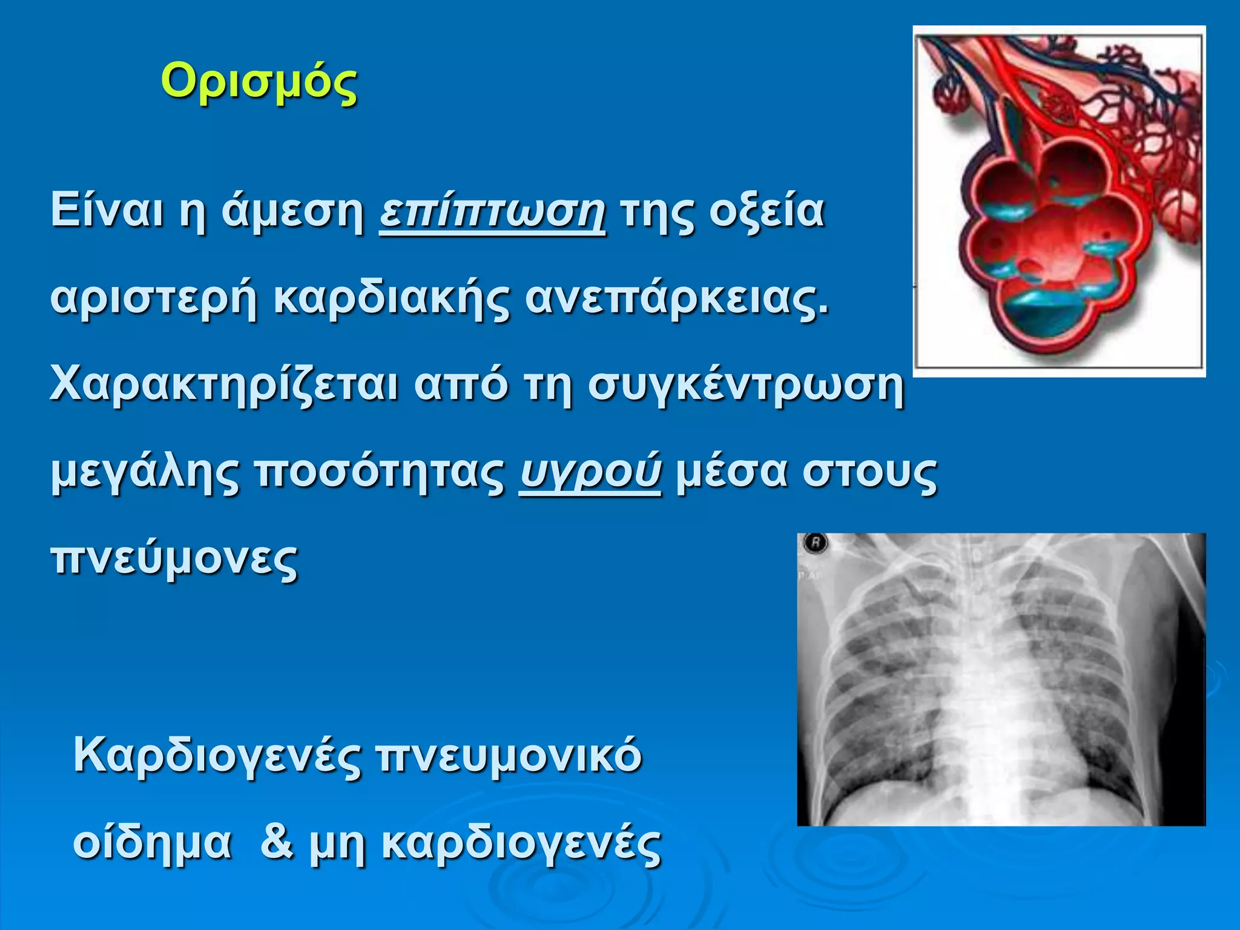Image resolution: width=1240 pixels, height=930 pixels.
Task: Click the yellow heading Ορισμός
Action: tap(259, 83)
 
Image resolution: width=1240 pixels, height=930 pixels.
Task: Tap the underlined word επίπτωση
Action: tap(492, 211)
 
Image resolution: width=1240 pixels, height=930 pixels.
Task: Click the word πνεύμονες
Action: tap(174, 558)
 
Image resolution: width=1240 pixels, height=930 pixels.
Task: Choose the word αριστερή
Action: tap(154, 299)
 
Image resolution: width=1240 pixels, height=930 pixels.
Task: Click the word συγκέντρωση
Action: tap(745, 385)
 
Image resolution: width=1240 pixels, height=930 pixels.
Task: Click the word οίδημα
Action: tap(152, 842)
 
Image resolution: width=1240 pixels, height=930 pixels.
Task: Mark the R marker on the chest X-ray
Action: tap(815, 543)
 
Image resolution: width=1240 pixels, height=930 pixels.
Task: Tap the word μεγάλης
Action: tap(145, 472)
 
